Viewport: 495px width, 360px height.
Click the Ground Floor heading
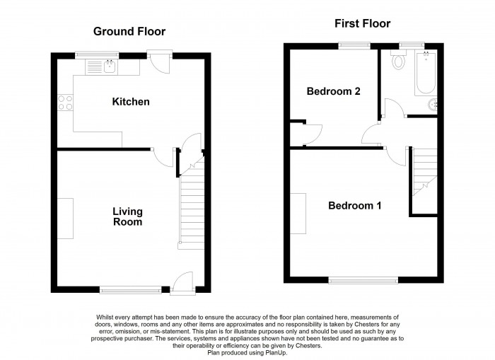coord(130,31)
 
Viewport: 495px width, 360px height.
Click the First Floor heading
coord(362,24)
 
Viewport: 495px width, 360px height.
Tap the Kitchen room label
coord(131,102)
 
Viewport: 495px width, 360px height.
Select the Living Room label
coord(128,216)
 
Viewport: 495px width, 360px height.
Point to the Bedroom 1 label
coord(354,206)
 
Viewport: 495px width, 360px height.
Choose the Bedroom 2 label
coord(332,91)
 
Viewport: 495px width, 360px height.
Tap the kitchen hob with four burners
coord(65,103)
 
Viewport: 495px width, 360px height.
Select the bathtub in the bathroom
coord(425,74)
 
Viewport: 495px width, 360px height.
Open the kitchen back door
coord(161,62)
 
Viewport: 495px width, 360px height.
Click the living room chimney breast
coord(65,219)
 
